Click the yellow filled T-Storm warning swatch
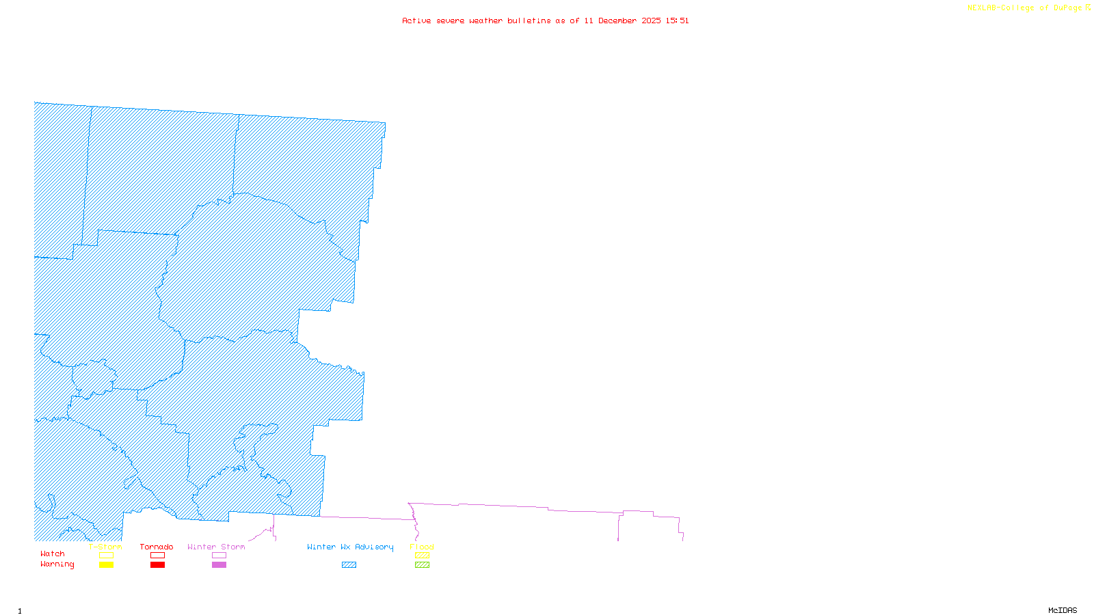pos(106,565)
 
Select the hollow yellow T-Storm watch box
pos(106,556)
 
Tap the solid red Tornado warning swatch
pos(157,565)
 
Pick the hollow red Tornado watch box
pos(157,556)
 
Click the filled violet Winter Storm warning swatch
pos(219,565)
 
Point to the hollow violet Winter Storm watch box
pos(219,556)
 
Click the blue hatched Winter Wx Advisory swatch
pos(349,565)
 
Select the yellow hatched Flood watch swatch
pos(422,556)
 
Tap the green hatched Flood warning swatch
pos(422,565)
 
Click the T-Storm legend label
pos(105,547)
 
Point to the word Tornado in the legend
pos(157,547)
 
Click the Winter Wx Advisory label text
pos(350,547)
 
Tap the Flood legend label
pos(422,547)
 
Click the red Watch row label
pos(53,554)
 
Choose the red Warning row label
pos(57,564)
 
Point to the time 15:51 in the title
pos(677,20)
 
